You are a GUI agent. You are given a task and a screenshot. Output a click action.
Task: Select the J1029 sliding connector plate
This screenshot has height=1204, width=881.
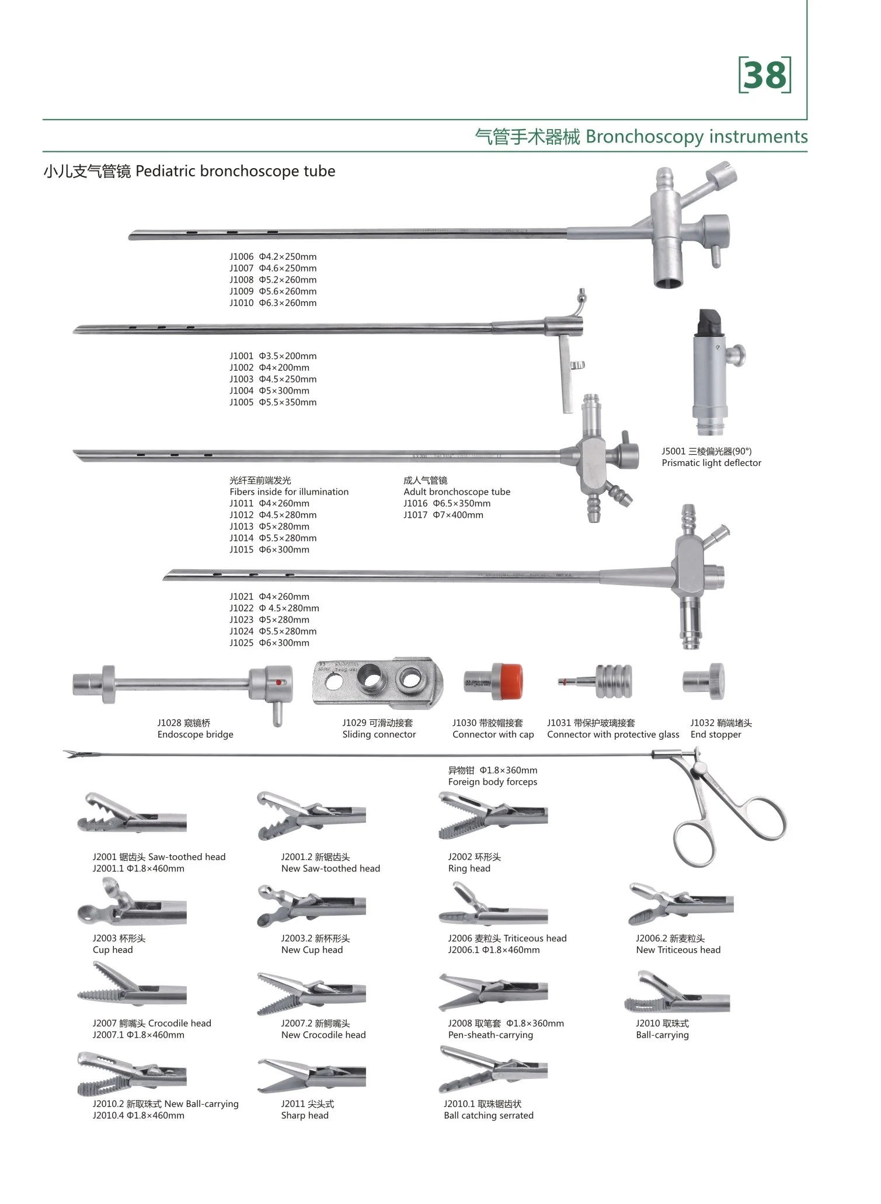(378, 681)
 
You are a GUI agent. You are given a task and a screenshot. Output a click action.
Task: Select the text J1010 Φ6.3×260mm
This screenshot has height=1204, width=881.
(273, 303)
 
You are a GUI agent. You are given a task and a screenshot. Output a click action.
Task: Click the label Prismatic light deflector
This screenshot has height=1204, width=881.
(711, 463)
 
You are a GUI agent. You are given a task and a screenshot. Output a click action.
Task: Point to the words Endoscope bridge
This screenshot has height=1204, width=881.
(195, 735)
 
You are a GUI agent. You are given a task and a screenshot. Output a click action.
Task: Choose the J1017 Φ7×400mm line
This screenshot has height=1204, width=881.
(443, 515)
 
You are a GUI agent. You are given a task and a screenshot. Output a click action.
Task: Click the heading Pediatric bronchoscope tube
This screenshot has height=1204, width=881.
(235, 172)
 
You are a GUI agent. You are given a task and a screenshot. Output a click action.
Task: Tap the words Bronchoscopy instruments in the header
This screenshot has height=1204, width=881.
(697, 137)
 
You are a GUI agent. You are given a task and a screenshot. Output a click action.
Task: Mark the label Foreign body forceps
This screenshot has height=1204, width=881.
(492, 782)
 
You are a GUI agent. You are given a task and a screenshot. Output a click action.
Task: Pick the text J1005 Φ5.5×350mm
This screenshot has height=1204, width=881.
(273, 402)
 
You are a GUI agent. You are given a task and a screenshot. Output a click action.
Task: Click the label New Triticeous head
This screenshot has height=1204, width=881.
(678, 950)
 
